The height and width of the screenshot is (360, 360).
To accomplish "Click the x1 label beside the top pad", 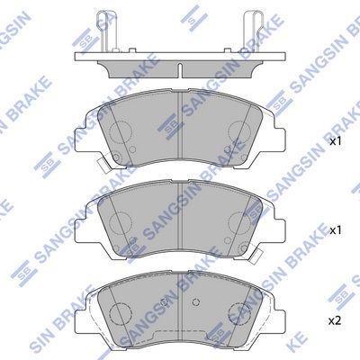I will [335, 142].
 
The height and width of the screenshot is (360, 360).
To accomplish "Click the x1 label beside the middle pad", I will [335, 231].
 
